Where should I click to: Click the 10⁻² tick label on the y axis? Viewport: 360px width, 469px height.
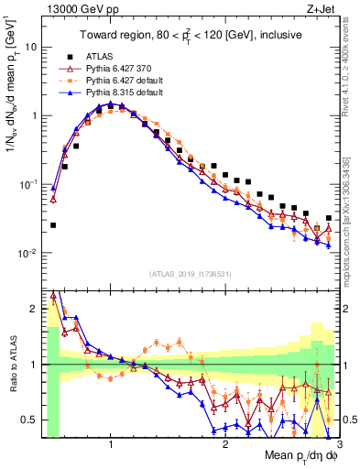(27, 254)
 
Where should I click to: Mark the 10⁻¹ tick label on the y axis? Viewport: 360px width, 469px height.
(27, 184)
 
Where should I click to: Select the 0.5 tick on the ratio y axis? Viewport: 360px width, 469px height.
(28, 420)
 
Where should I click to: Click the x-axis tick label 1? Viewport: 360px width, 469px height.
(110, 445)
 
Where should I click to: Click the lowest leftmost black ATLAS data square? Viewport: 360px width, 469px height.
(52, 224)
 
